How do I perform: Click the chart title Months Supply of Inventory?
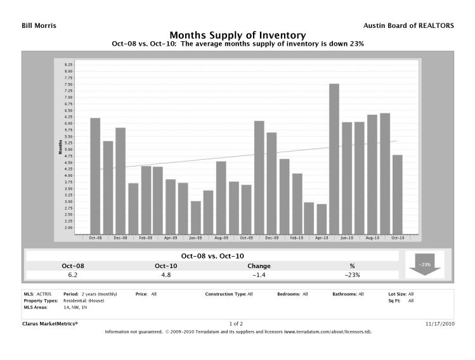pos(237,35)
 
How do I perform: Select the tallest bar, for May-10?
pos(334,158)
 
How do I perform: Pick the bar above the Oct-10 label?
pos(397,194)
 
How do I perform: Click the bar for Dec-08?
pos(120,181)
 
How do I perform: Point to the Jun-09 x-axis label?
pos(196,238)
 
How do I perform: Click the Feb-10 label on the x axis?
pos(296,238)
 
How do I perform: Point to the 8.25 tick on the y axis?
pos(69,65)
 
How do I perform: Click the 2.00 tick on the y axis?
pos(69,228)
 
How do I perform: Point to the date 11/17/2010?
pos(438,323)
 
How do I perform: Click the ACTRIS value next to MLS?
pos(43,294)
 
